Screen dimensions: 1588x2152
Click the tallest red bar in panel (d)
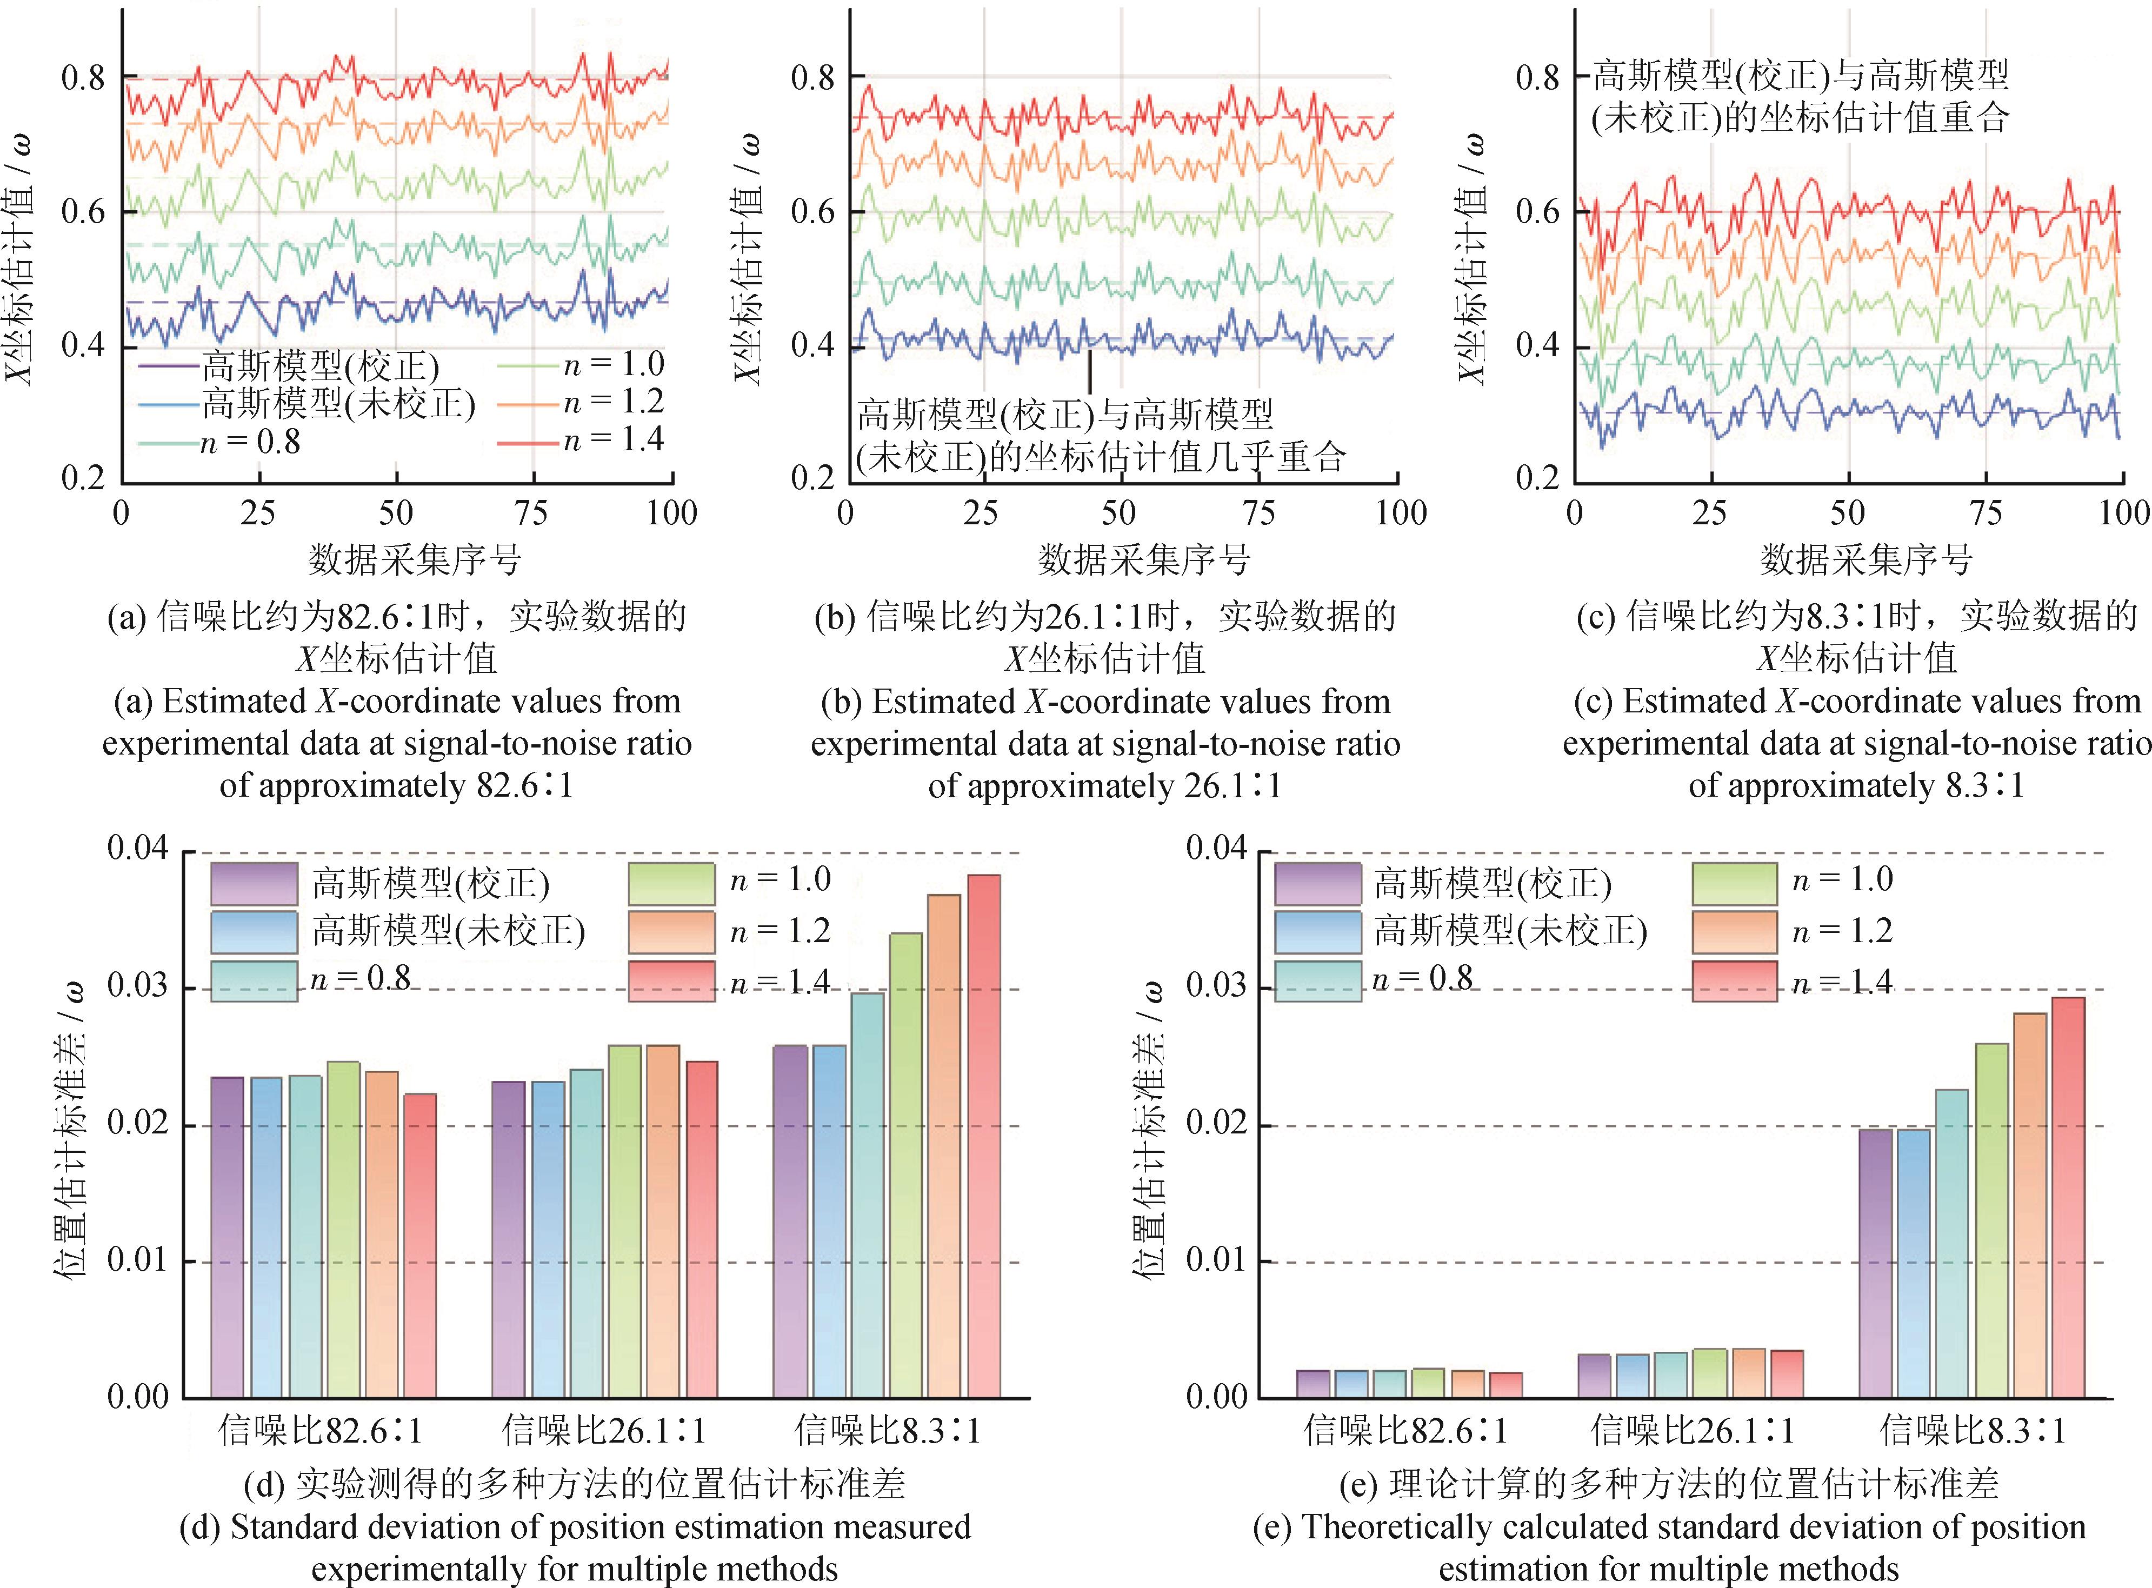tap(983, 1135)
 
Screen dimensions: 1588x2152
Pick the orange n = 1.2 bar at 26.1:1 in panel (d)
tap(662, 1221)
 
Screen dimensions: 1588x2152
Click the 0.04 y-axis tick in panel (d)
tap(137, 849)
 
